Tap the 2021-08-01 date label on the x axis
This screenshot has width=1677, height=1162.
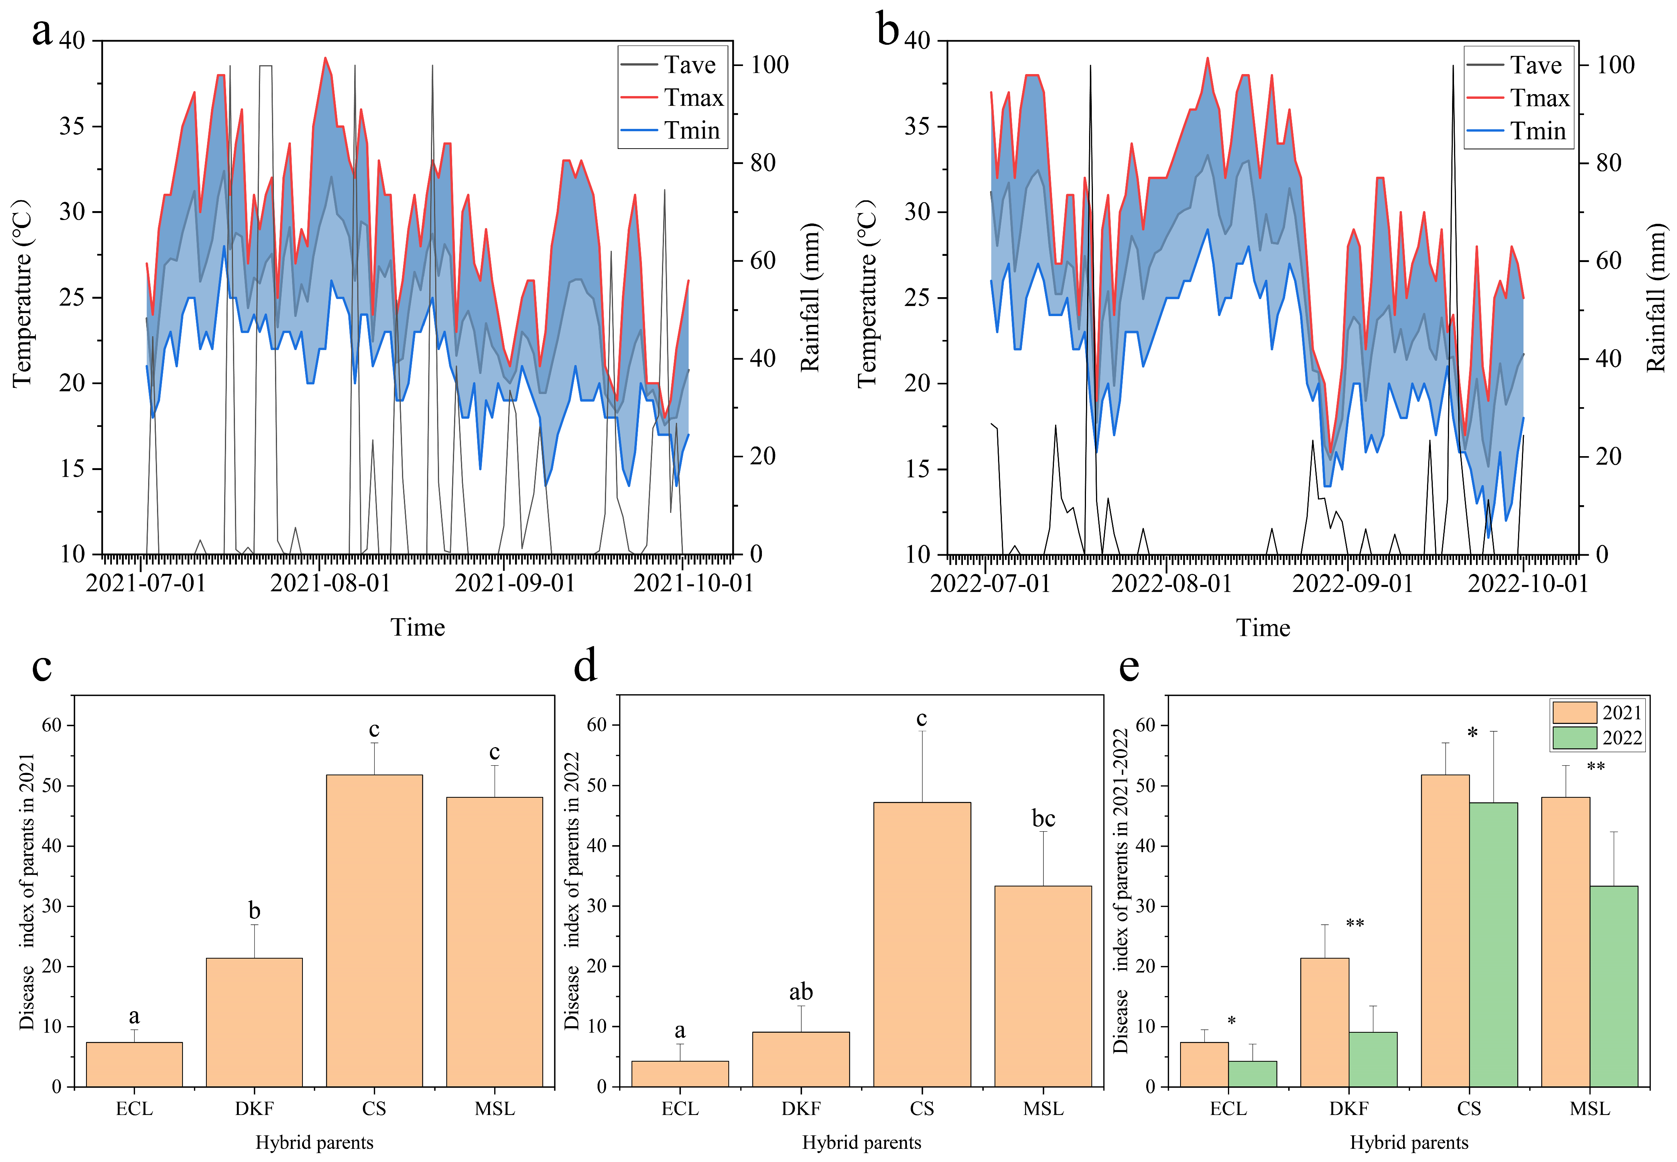click(331, 583)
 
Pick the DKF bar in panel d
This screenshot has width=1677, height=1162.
click(801, 1059)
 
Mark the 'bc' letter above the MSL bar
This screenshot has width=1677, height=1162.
click(1043, 819)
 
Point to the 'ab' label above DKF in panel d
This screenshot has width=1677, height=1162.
click(801, 992)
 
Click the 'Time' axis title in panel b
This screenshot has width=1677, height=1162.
click(1263, 628)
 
